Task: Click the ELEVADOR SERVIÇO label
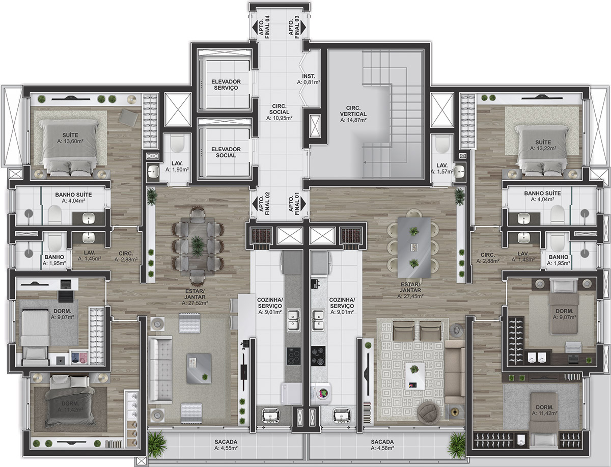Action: coord(226,85)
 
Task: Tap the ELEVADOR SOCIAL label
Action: coord(226,152)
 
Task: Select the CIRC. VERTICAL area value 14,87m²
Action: coord(353,120)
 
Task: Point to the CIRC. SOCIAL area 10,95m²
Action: coord(279,118)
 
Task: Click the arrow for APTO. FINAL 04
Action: coord(255,28)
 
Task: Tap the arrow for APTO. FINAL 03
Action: coord(303,28)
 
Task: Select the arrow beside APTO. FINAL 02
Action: coord(255,204)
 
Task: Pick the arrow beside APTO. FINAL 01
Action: coord(303,204)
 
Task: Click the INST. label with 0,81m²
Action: coord(309,79)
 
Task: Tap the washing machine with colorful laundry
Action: coord(323,393)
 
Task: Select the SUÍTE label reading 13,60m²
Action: coord(70,138)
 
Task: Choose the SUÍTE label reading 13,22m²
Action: coord(543,145)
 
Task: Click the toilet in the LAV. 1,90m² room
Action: coord(177,144)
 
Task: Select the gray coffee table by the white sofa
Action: coord(199,369)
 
